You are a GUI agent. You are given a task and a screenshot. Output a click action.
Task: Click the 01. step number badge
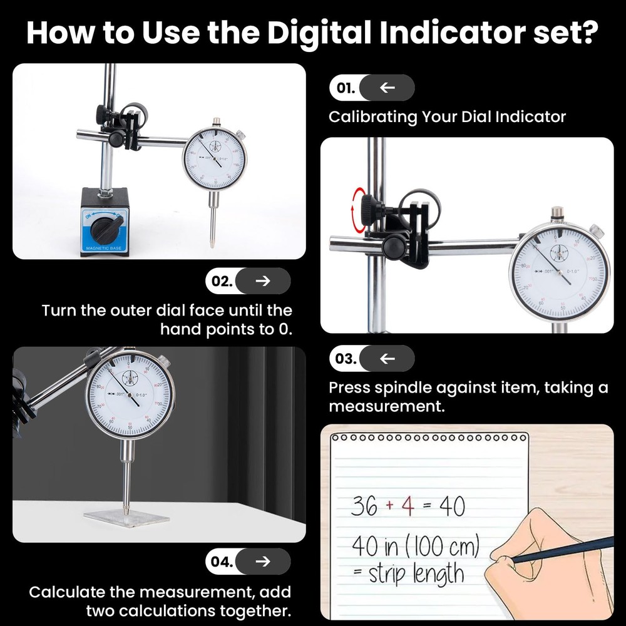[344, 88]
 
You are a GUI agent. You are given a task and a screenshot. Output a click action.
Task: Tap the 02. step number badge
[220, 281]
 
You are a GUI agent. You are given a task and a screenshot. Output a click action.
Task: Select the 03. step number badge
[344, 359]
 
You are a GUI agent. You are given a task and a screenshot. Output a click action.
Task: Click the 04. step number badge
[220, 562]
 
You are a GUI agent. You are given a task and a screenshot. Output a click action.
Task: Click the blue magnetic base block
[105, 222]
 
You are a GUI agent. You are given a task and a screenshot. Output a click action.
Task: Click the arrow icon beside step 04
[263, 562]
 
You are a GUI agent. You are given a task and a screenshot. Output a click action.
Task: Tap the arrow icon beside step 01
[387, 88]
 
